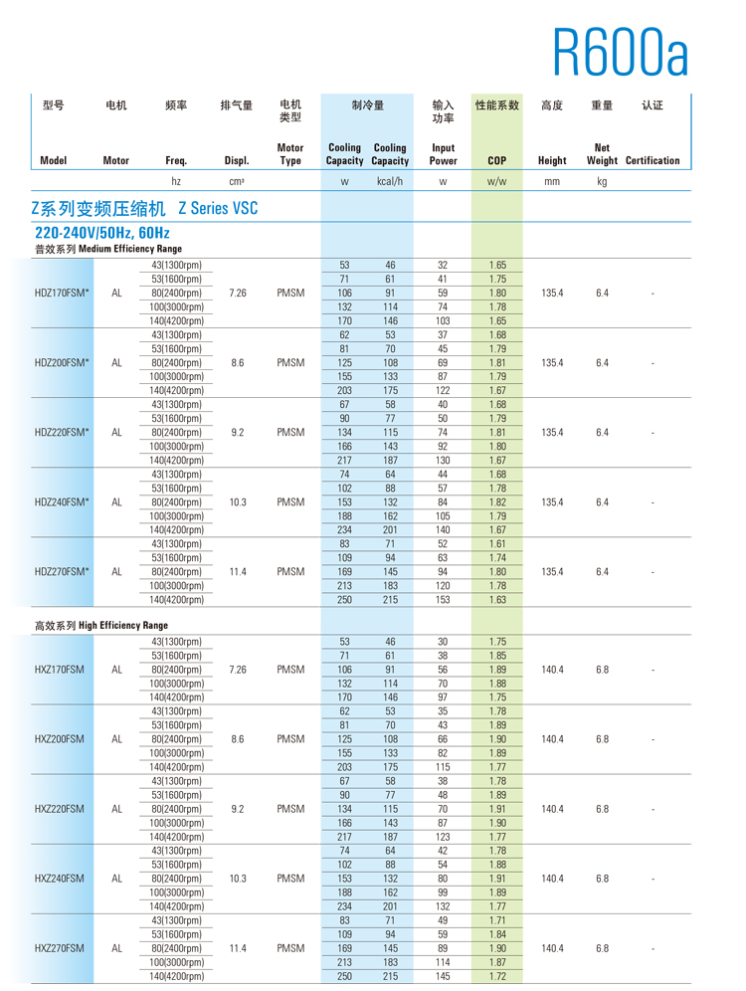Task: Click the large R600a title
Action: [620, 51]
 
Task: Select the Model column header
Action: [54, 160]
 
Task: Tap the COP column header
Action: [497, 160]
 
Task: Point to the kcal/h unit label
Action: [389, 181]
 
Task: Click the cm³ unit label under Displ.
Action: [237, 181]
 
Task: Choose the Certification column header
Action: [653, 160]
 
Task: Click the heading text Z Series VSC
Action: [218, 209]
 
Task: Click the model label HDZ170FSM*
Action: [63, 294]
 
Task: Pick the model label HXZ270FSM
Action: [60, 948]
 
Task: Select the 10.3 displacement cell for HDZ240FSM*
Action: [238, 502]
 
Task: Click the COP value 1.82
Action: [498, 502]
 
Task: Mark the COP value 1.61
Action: [498, 544]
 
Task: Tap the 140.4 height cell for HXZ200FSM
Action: [552, 739]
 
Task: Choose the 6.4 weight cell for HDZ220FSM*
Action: [602, 433]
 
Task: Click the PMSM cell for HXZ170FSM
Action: [290, 670]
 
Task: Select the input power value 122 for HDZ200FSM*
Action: [443, 391]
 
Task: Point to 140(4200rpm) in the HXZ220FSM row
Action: [176, 837]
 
